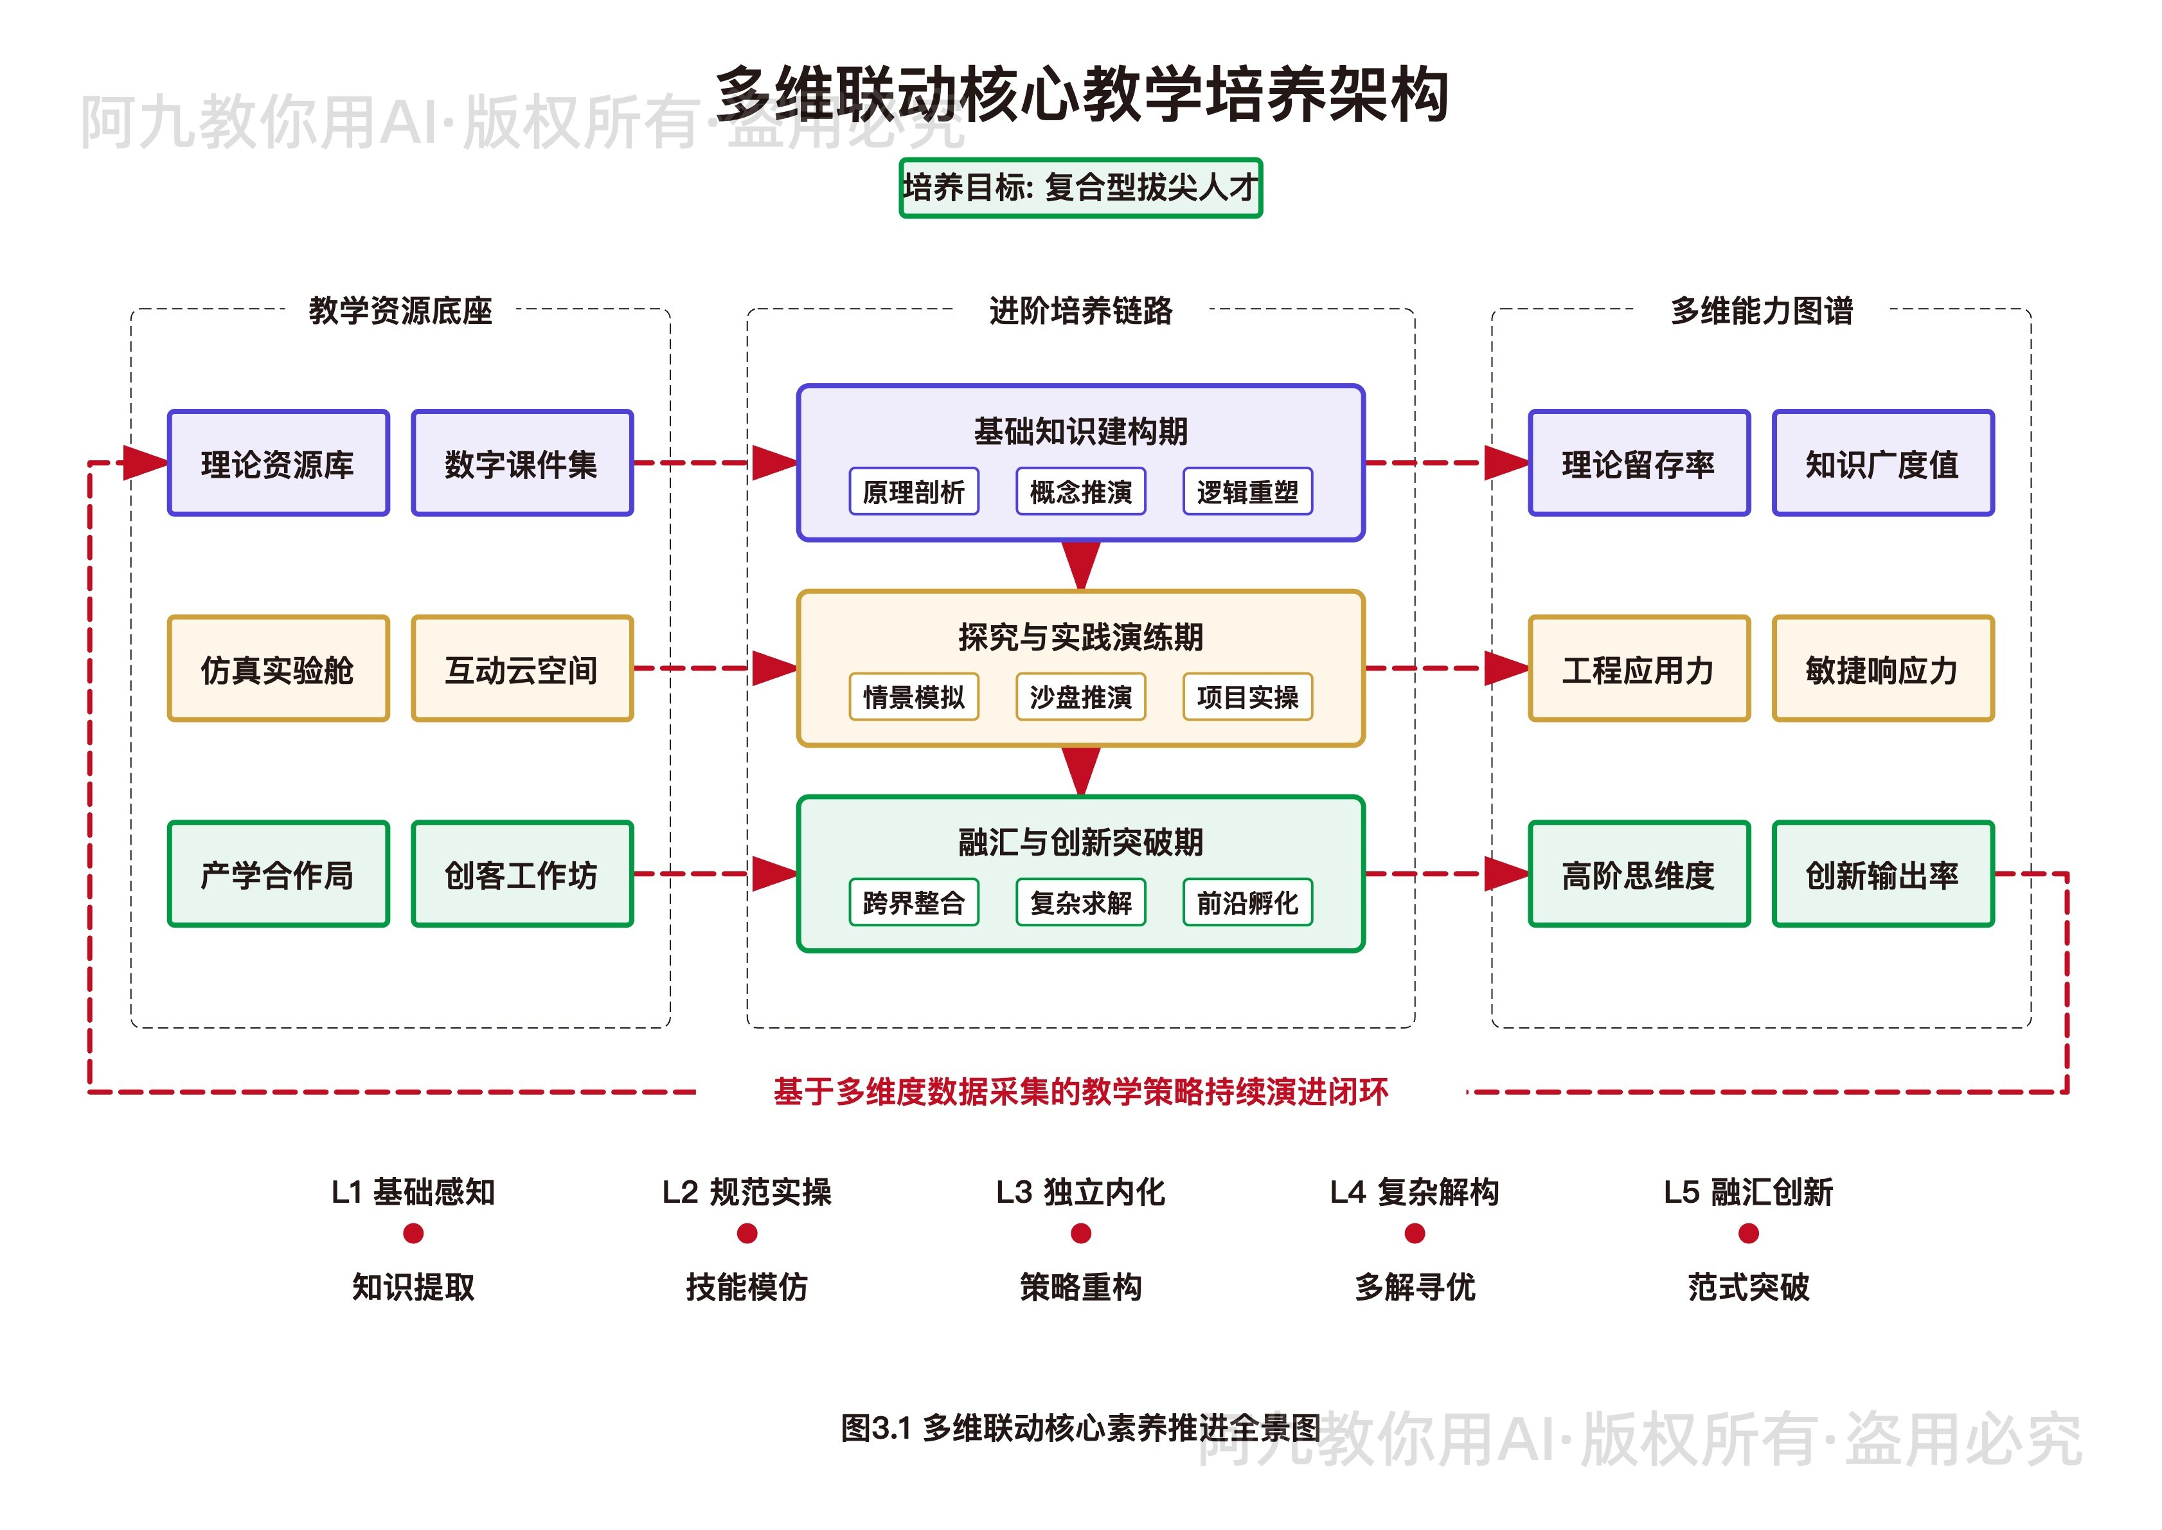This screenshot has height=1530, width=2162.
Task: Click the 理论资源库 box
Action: point(278,464)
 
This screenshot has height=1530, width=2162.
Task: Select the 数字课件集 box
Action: point(522,464)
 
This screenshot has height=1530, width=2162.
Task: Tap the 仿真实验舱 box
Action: point(278,669)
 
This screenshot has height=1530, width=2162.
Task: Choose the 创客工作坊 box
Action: point(522,874)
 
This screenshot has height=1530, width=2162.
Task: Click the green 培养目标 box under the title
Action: point(1080,188)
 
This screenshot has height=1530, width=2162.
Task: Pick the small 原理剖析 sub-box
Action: point(913,492)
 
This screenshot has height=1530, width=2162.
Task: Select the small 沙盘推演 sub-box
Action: point(1080,697)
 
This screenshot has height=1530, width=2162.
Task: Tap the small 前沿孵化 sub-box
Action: point(1247,903)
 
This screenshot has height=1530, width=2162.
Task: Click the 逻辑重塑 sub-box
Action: point(1247,492)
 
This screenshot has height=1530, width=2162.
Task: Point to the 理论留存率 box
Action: point(1638,464)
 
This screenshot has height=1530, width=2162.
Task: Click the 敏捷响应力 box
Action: point(1882,669)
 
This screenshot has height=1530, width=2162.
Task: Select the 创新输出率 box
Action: point(1882,874)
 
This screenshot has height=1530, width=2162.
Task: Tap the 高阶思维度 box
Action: point(1638,874)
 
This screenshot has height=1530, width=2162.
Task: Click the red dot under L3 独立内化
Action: point(1081,1233)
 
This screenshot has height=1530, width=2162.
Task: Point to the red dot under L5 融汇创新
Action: point(1749,1233)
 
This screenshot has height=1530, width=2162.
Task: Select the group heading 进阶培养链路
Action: point(1080,310)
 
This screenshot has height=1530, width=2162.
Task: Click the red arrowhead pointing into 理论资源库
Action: point(144,463)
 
